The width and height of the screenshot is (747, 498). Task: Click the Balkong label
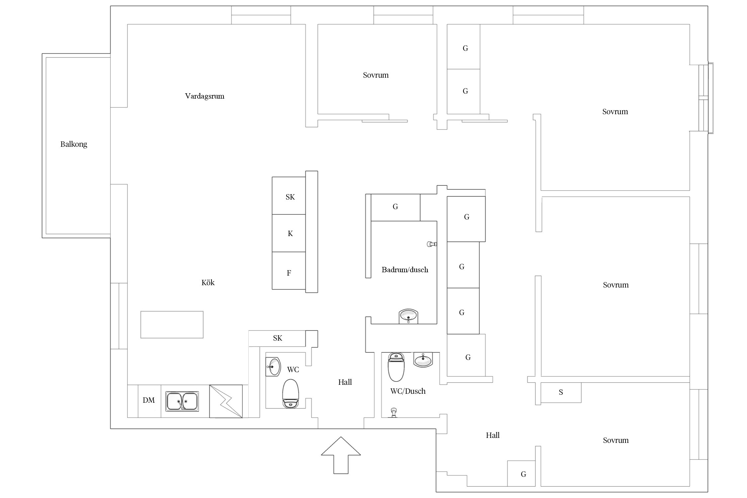[74, 144]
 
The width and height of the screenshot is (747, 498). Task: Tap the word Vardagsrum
[205, 96]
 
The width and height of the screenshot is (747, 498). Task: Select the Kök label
[208, 283]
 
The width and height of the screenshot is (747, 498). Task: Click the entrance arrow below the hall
[341, 455]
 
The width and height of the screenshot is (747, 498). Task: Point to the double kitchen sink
[182, 401]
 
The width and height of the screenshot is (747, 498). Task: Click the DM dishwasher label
[149, 400]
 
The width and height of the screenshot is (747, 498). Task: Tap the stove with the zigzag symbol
[226, 401]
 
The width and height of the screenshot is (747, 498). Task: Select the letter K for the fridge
[290, 234]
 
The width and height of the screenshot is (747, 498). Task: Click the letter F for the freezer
[289, 273]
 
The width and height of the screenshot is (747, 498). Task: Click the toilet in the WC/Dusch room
[396, 367]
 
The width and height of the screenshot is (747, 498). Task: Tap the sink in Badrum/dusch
[408, 316]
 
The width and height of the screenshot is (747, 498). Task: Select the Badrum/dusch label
[405, 270]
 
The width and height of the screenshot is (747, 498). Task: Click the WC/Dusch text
[408, 391]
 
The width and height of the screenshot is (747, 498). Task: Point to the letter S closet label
[561, 392]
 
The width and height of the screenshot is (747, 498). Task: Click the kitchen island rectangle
[172, 325]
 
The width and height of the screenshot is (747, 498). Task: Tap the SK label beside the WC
[278, 338]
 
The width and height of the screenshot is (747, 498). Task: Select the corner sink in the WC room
[273, 367]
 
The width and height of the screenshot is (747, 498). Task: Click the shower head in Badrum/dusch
[432, 244]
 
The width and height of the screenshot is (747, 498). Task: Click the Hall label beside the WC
[345, 382]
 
